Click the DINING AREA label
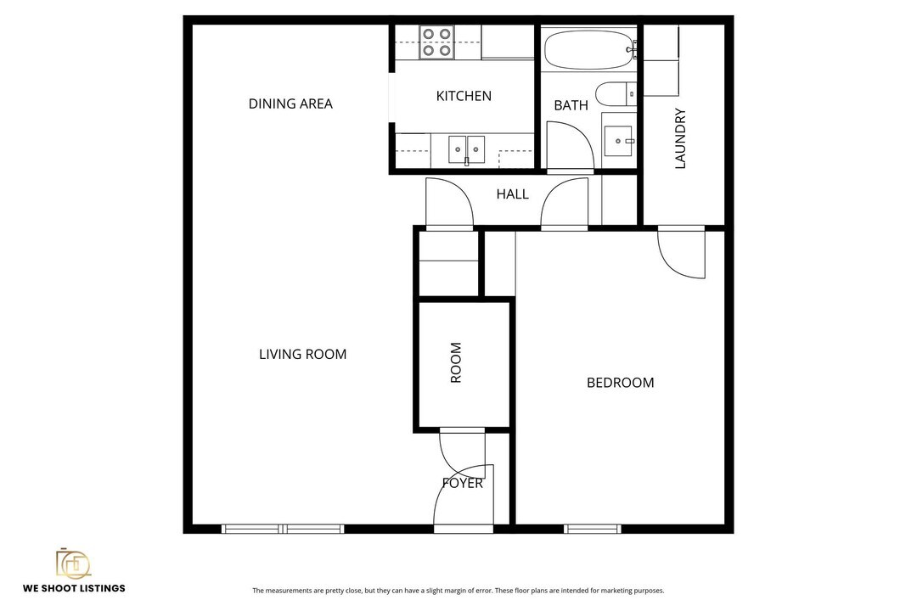point(290,104)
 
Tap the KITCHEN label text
point(464,96)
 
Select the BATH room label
point(571,105)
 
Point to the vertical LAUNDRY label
point(680,138)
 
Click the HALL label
point(512,194)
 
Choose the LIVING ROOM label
point(302,354)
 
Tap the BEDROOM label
point(620,383)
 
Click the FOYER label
point(463,483)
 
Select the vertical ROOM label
point(456,362)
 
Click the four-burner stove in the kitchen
point(436,42)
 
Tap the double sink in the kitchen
point(466,150)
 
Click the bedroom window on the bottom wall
point(593,529)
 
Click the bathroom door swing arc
point(571,146)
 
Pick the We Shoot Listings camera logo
point(73,563)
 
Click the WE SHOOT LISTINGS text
point(74,588)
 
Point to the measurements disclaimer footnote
point(458,591)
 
